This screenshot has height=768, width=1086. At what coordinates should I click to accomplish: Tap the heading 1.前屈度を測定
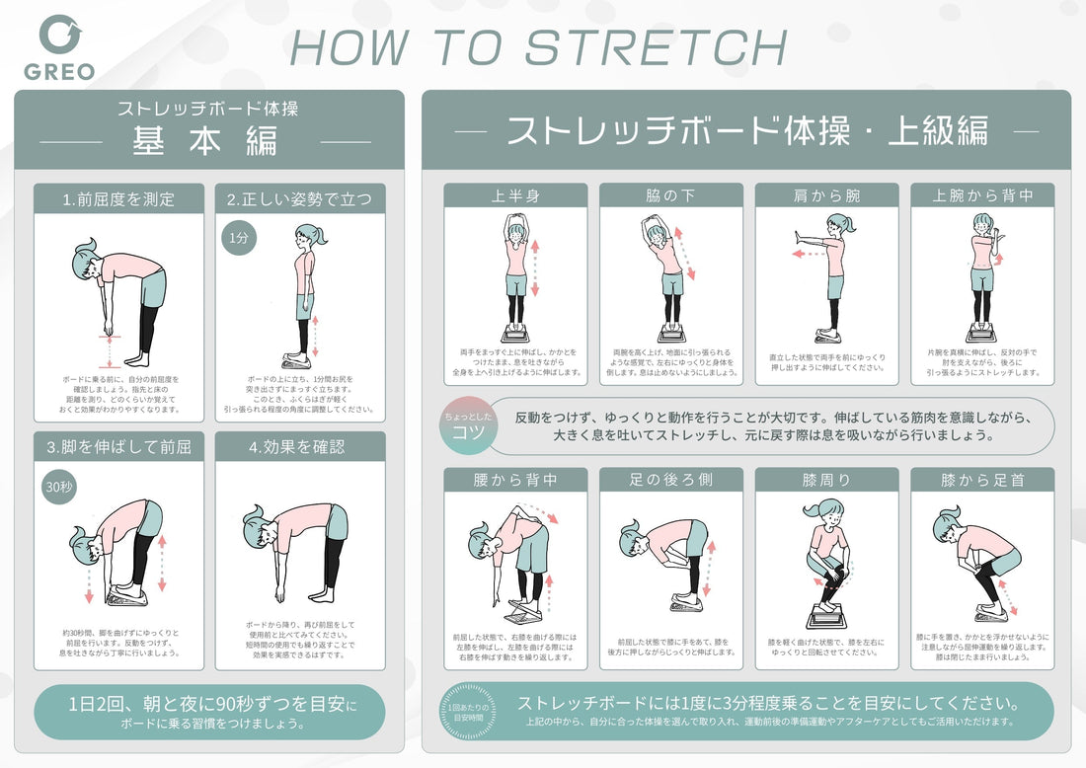(118, 199)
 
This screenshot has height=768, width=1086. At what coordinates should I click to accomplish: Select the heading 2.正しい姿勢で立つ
(300, 199)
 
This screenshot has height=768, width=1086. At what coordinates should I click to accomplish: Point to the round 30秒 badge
(58, 487)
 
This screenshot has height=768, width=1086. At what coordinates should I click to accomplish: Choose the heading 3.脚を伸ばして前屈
(118, 447)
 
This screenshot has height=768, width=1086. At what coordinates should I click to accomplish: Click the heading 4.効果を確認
(300, 447)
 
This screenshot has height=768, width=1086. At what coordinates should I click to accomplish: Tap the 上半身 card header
(515, 195)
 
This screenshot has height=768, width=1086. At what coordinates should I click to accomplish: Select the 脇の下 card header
(671, 195)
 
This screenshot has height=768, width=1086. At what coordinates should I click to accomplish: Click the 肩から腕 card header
(827, 195)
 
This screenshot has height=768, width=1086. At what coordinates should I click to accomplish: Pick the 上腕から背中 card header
(982, 195)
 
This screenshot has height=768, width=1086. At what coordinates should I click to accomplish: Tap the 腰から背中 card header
(515, 480)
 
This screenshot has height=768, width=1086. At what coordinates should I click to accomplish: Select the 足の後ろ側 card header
(671, 480)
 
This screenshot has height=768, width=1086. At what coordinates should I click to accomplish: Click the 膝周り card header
(827, 480)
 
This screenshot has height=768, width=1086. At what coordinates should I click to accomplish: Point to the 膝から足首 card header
(982, 480)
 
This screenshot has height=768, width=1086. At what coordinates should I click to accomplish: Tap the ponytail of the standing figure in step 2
(322, 235)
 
